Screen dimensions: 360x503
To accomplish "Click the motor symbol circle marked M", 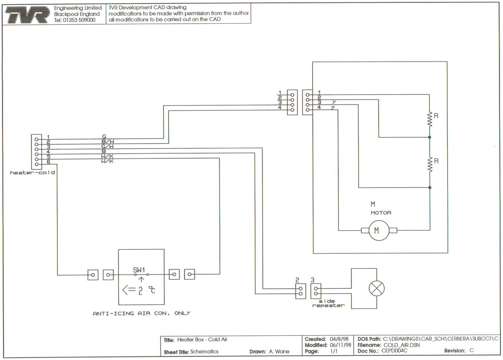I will pyautogui.click(x=379, y=230).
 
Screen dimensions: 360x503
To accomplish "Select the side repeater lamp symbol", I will pyautogui.click(x=376, y=288).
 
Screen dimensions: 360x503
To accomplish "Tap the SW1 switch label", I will pyautogui.click(x=139, y=270).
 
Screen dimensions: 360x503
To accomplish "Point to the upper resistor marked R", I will pyautogui.click(x=429, y=119).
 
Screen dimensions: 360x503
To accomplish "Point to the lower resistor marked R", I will pyautogui.click(x=429, y=165).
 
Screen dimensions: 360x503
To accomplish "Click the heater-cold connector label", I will pyautogui.click(x=32, y=173).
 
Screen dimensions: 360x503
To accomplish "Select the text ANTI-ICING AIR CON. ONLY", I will pyautogui.click(x=141, y=313).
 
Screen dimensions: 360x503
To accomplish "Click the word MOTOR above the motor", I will pyautogui.click(x=381, y=213).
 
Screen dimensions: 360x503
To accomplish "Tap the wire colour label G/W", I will pyautogui.click(x=107, y=146).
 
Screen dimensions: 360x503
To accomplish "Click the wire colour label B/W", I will pyautogui.click(x=107, y=141).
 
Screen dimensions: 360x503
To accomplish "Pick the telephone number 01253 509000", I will pyautogui.click(x=79, y=20).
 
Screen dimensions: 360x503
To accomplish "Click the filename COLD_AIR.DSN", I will pyautogui.click(x=402, y=345).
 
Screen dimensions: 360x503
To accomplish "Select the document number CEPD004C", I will pyautogui.click(x=394, y=351).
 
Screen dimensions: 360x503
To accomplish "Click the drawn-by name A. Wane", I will pyautogui.click(x=279, y=352).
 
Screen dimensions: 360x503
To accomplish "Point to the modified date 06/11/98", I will pyautogui.click(x=340, y=345).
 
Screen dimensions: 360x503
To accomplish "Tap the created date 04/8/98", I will pyautogui.click(x=339, y=339).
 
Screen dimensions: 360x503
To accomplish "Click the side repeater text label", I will pyautogui.click(x=328, y=303).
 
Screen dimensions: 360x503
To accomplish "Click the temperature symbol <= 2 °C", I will pyautogui.click(x=139, y=290).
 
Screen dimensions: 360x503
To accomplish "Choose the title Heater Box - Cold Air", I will pyautogui.click(x=202, y=340).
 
